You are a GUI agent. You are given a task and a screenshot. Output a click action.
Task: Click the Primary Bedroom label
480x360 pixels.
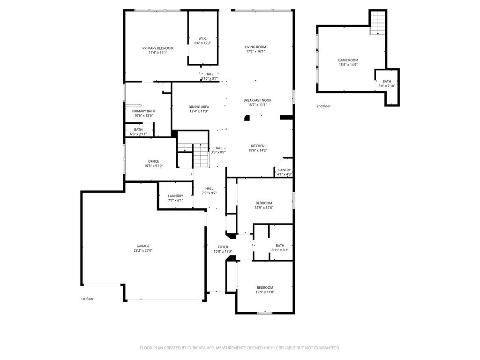tap(158, 48)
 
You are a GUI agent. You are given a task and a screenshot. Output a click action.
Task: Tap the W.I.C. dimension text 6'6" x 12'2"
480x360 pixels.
tap(202, 43)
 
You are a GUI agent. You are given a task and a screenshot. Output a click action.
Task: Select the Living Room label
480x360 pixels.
tap(255, 47)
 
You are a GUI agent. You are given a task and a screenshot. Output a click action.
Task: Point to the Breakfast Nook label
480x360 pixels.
tap(257, 100)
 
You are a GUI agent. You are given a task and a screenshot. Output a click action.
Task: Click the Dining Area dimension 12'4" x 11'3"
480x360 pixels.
tap(199, 111)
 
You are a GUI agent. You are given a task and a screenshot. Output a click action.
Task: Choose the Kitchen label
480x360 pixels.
tap(258, 146)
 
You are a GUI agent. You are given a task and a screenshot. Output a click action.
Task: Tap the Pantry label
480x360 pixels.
tap(285, 170)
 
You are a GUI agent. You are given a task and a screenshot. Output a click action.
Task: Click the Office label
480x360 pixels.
tap(153, 161)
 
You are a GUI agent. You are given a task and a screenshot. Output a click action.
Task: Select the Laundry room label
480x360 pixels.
tap(175, 196)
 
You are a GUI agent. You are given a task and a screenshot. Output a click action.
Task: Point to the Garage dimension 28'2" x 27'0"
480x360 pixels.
tap(143, 250)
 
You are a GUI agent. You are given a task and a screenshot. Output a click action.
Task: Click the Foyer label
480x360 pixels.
tap(223, 247)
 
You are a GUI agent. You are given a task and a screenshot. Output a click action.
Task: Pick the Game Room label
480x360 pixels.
tap(348, 60)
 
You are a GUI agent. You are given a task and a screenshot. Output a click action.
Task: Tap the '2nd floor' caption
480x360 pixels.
tap(323, 106)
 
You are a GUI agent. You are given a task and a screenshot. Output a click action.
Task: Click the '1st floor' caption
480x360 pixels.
tap(87, 299)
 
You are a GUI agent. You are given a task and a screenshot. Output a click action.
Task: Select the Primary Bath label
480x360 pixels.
tap(143, 111)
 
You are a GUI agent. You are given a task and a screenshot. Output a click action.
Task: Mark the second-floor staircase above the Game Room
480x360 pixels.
tap(378, 22)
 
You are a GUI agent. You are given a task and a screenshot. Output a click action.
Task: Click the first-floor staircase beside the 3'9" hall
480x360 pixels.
tap(201, 156)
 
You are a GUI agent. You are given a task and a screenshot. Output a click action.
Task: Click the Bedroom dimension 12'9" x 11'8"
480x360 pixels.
tap(265, 292)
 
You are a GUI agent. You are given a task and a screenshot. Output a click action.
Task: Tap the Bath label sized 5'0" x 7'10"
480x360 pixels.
tap(387, 82)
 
